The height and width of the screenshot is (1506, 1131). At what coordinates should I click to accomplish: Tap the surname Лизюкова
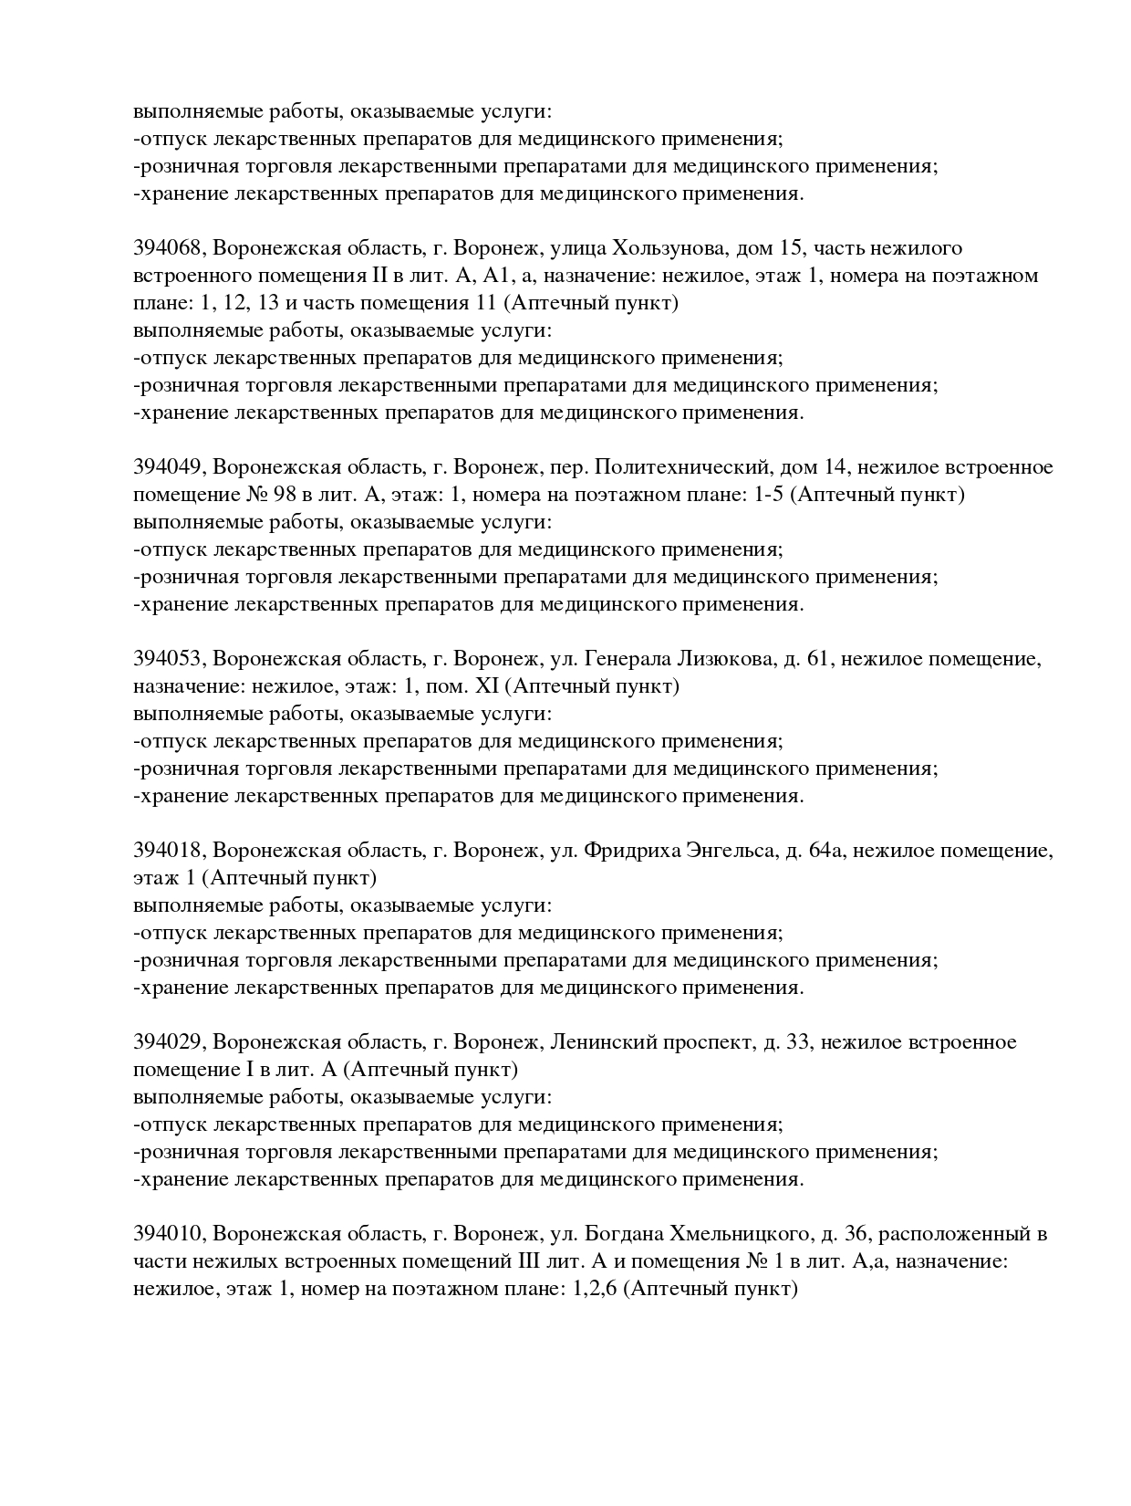(x=726, y=659)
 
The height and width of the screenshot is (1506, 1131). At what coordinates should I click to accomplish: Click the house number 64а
(x=825, y=851)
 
